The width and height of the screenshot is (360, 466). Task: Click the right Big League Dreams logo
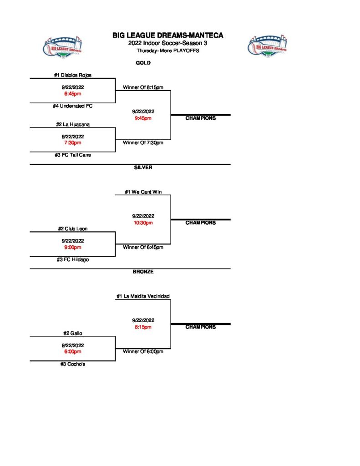tap(268, 46)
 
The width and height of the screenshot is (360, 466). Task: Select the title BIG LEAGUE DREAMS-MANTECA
tap(168, 35)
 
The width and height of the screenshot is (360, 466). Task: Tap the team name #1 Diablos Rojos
tap(72, 76)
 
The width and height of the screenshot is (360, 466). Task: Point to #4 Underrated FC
tap(72, 106)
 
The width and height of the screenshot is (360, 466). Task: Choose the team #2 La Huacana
tap(72, 124)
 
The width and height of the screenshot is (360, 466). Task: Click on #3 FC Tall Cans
tap(72, 155)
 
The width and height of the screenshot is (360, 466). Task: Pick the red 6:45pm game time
tap(72, 94)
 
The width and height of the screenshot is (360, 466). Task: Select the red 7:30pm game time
tap(72, 142)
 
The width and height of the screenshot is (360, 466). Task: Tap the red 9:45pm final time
tap(143, 118)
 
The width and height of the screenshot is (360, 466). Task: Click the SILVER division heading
tap(143, 167)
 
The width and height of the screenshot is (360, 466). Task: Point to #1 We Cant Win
tap(143, 192)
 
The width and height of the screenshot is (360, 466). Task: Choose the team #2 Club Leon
tap(72, 229)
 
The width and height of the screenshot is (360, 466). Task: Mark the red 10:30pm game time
tap(143, 223)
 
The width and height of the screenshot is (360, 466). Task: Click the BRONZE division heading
tap(143, 272)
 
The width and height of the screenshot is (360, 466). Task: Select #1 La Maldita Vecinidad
tap(143, 296)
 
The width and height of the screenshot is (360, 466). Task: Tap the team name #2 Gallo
tap(72, 333)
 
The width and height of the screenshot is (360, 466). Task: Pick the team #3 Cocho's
tap(72, 364)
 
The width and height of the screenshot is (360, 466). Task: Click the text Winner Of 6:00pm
tap(143, 351)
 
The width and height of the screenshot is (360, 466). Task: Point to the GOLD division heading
tap(143, 63)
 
